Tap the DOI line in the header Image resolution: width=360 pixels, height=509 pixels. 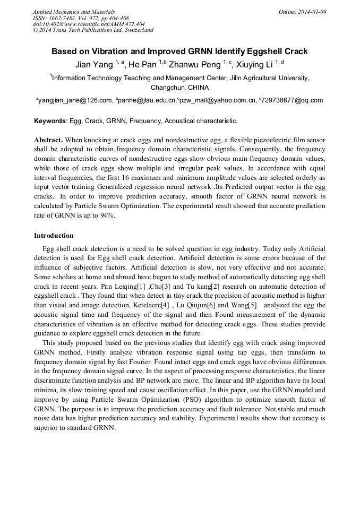click(x=89, y=24)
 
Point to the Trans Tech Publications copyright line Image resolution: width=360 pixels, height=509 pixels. click(x=93, y=30)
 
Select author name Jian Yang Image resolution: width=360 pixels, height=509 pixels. click(x=91, y=64)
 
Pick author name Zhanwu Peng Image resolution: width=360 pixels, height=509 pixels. click(x=193, y=64)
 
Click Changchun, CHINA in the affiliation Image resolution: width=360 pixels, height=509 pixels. click(x=179, y=87)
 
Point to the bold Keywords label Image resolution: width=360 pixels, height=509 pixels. click(x=49, y=121)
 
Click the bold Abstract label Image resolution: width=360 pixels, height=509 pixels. click(x=48, y=140)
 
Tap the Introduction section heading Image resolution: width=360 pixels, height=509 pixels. click(x=54, y=235)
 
